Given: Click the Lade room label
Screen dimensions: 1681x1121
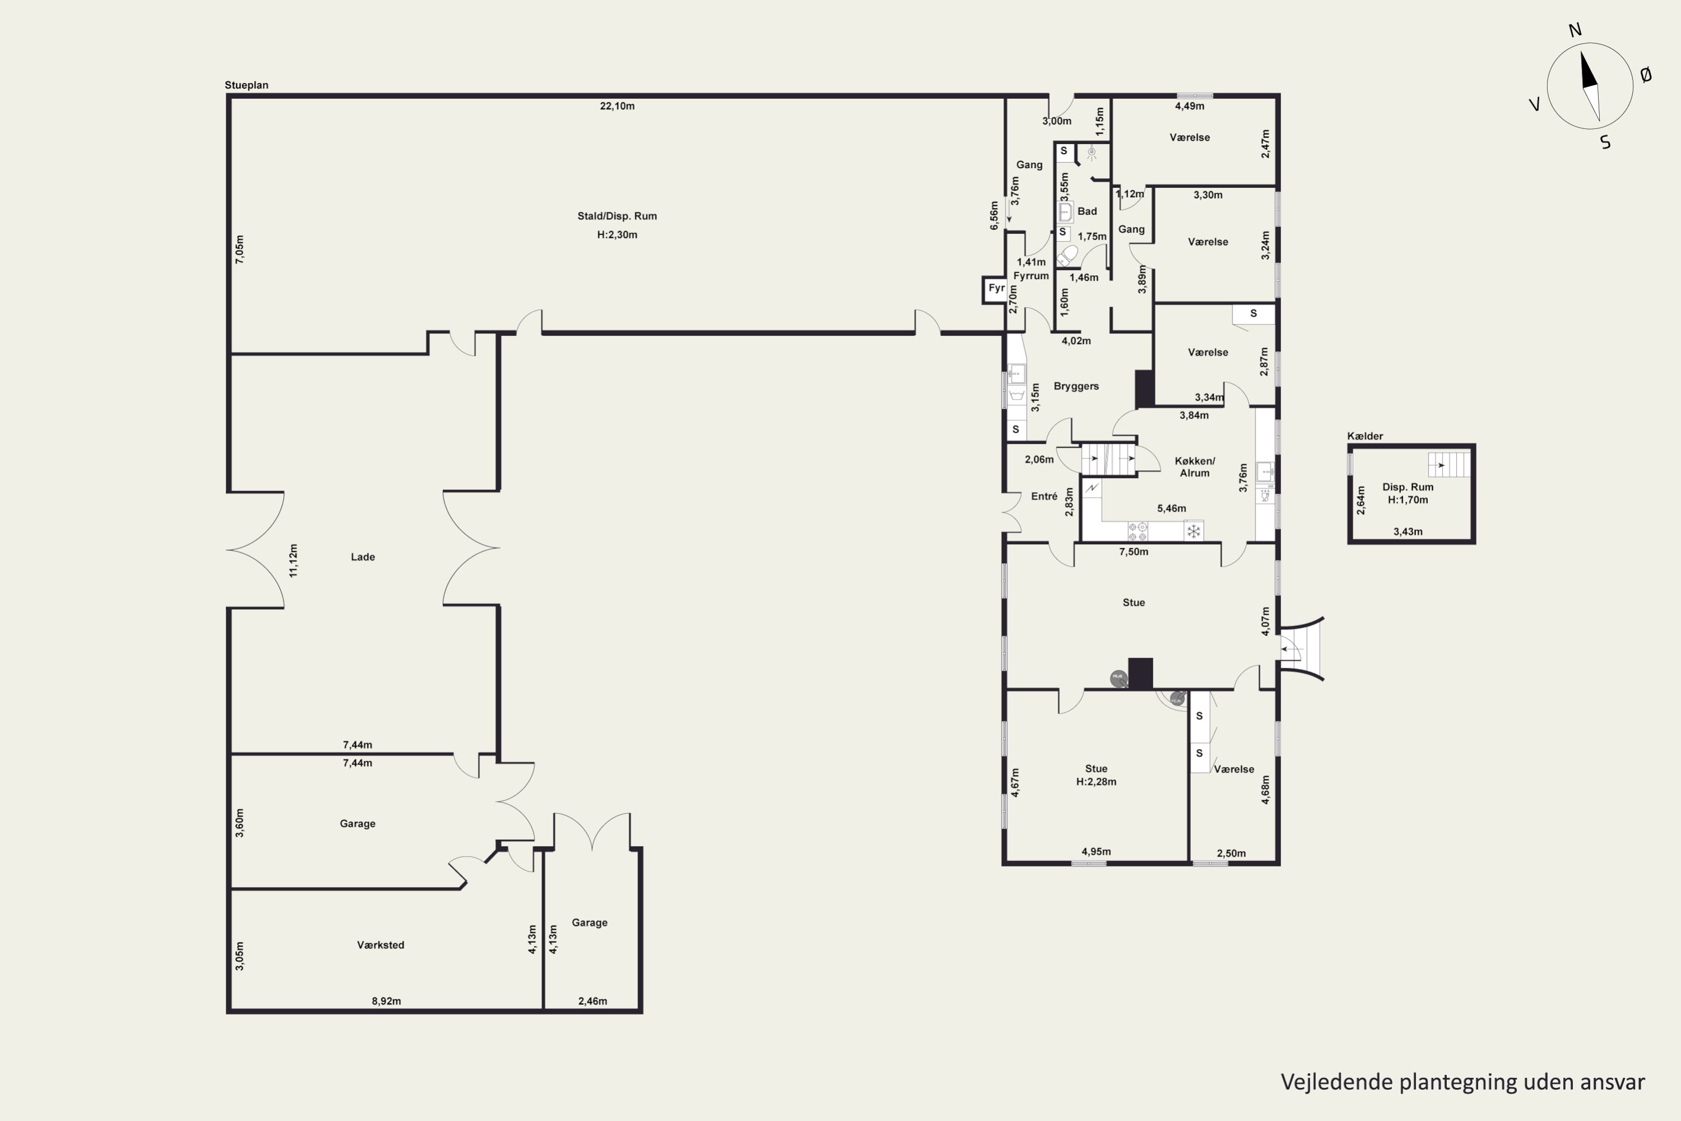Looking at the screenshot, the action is click(x=363, y=557).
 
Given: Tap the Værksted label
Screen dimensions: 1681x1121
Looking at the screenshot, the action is click(x=380, y=945).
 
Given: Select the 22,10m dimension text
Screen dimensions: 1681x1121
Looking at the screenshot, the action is click(x=617, y=106).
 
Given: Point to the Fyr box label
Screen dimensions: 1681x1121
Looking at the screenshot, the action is click(x=996, y=289).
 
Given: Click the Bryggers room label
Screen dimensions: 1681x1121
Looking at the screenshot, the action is click(x=1076, y=387).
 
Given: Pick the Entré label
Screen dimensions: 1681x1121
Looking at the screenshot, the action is click(x=1044, y=496).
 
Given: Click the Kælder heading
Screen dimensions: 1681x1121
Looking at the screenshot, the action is click(x=1364, y=436).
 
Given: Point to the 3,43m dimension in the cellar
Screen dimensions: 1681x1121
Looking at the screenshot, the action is click(x=1407, y=532).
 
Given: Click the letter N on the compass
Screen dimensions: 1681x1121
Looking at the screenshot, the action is click(x=1575, y=30).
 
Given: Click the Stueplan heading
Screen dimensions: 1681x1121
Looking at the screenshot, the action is click(x=247, y=85).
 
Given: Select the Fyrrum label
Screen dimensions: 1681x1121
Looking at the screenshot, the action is click(x=1030, y=276).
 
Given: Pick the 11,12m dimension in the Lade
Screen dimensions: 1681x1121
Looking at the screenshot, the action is click(x=294, y=560).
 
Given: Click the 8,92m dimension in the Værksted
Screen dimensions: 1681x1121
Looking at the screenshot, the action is click(x=386, y=1001).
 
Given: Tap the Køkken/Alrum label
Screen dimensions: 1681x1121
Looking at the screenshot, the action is click(x=1194, y=467).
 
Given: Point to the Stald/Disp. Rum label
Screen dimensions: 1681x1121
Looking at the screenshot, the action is click(x=617, y=216).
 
